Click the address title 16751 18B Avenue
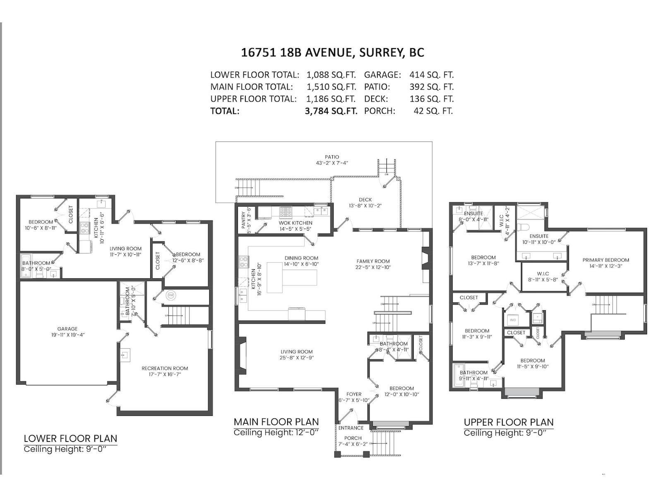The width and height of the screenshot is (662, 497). coord(332,53)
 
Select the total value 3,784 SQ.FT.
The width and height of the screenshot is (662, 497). coord(331,111)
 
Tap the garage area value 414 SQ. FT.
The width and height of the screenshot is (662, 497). coord(431,75)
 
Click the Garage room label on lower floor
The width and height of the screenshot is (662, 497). coord(67,329)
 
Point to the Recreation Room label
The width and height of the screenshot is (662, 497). coord(165,368)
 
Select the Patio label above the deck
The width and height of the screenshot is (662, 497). coord(332,157)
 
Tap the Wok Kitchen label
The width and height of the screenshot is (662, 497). coord(295,223)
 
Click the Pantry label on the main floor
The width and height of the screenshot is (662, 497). coord(243,221)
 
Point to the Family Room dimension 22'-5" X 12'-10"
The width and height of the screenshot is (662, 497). coord(373,267)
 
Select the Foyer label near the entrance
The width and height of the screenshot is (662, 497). coord(354,394)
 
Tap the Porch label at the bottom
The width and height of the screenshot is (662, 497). coord(353,438)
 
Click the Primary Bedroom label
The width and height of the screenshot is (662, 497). coord(606,260)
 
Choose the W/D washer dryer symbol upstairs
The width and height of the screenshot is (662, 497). coord(513,320)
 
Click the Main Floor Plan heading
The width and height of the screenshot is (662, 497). coord(276,422)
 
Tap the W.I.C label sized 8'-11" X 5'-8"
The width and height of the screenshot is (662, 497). coord(543,274)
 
